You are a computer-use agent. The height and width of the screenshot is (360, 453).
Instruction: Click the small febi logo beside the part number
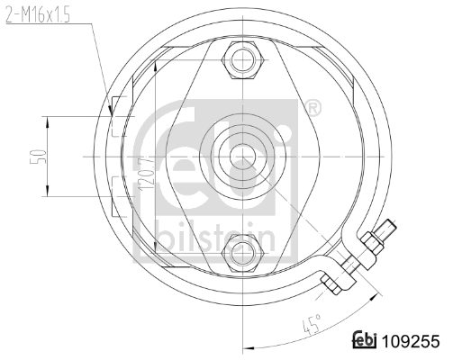pos(365,341)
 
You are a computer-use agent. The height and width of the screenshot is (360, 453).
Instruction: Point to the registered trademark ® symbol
pos(313,110)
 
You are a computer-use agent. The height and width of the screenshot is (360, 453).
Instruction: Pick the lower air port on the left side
pos(115,187)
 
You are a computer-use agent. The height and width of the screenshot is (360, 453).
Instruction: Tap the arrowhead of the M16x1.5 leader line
pos(110,110)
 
